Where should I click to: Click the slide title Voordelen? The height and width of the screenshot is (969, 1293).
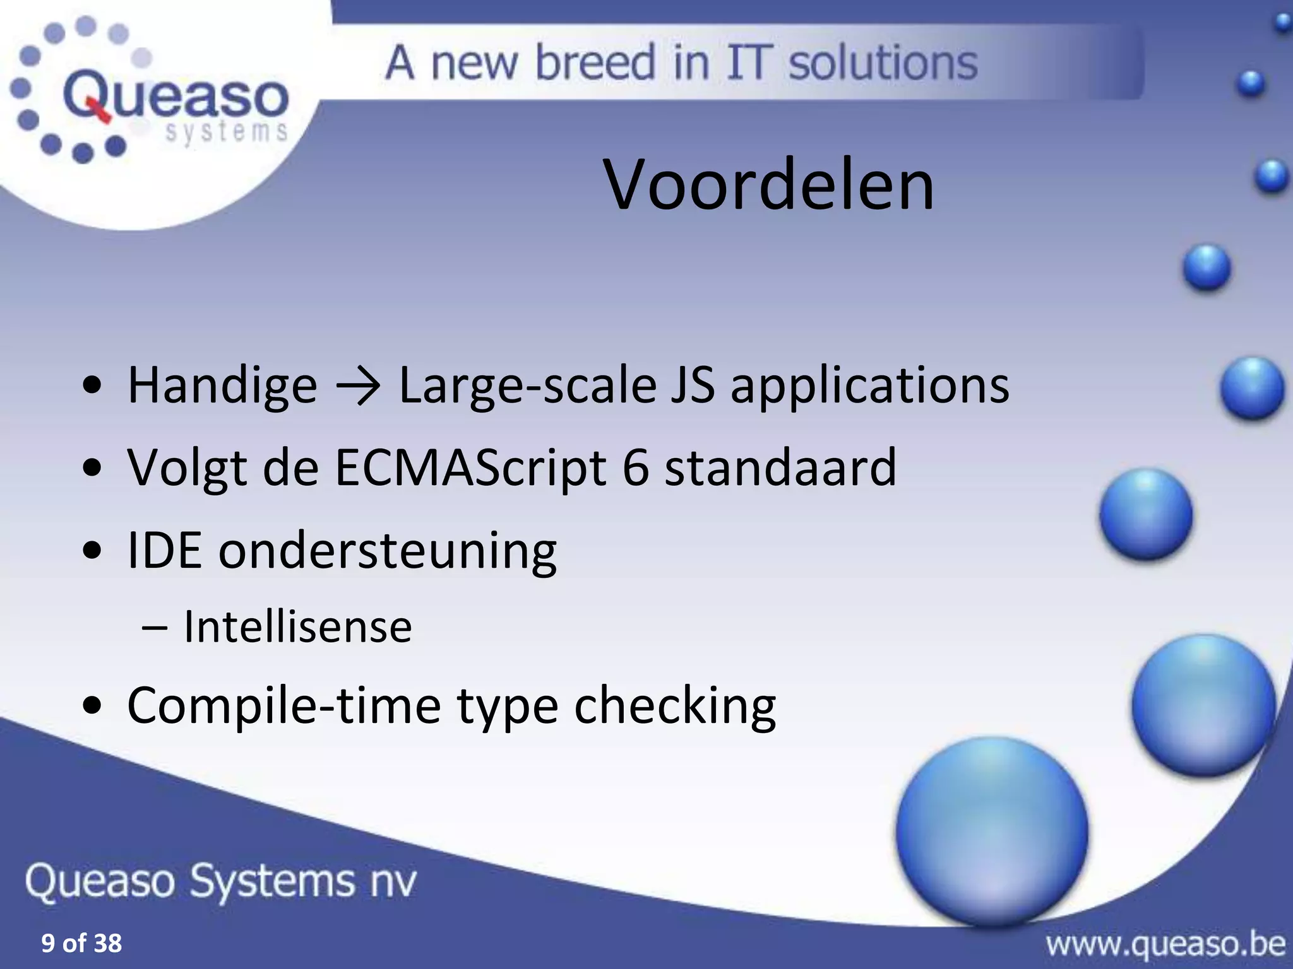coord(768,185)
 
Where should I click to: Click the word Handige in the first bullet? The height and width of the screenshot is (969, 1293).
coord(222,386)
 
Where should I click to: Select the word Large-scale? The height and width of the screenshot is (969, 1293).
coord(528,386)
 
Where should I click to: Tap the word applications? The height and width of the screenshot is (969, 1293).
coord(869,386)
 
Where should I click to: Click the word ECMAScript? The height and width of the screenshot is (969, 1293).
coord(471,468)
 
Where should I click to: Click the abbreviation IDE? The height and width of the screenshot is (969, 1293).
coord(164,550)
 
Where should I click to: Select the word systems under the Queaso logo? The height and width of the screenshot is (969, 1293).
coord(227,132)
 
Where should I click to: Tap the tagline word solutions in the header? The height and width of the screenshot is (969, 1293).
coord(883,63)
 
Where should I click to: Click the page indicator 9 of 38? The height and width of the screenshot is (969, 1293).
coord(81,944)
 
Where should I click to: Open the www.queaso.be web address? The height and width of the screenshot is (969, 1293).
coord(1165,945)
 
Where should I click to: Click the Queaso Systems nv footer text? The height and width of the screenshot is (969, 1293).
coord(221,881)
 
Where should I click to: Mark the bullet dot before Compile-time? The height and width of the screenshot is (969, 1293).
coord(92,707)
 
